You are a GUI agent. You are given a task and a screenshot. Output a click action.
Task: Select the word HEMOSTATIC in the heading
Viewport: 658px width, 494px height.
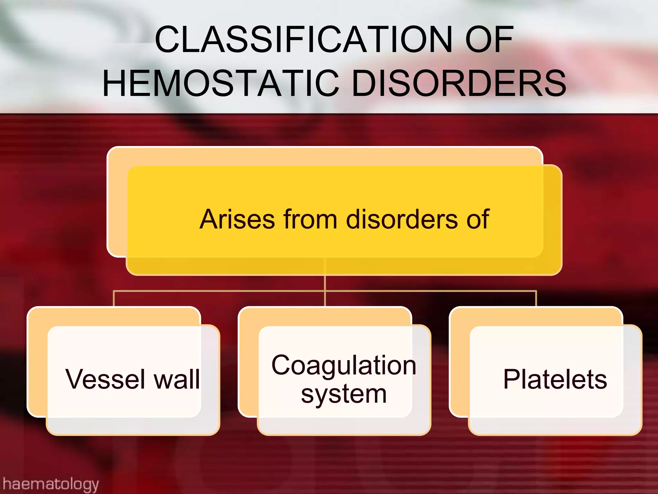221,84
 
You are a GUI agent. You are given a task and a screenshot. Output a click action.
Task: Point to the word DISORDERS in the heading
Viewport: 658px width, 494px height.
459,84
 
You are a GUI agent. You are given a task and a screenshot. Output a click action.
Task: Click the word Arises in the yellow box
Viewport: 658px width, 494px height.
237,219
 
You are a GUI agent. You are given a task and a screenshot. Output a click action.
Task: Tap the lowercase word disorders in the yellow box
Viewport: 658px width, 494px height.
402,219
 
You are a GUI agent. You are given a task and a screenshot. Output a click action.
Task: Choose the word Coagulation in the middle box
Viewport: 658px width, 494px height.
343,366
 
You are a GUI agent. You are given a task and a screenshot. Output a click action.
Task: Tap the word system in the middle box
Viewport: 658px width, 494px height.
343,395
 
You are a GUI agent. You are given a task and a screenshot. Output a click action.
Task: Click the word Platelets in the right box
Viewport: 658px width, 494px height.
555,379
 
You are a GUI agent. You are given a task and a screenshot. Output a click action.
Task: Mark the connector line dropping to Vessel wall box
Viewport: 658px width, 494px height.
114,298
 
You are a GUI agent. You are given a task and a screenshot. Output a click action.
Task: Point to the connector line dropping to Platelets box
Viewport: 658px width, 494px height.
536,298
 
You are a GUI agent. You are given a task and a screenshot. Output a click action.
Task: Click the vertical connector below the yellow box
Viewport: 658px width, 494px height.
325,283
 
